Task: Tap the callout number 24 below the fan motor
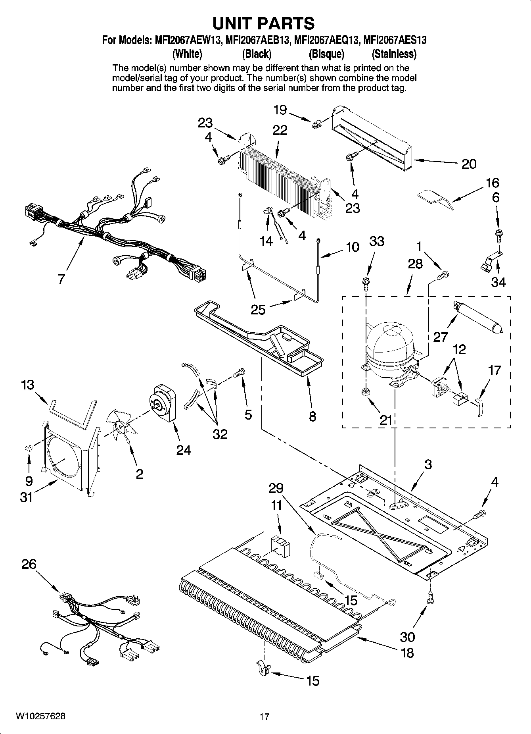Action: pyautogui.click(x=183, y=450)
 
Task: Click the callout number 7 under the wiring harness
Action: pyautogui.click(x=61, y=279)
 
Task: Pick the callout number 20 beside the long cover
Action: pyautogui.click(x=469, y=164)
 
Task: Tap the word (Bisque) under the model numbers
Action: pyautogui.click(x=326, y=54)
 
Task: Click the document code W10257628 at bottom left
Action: pyautogui.click(x=40, y=716)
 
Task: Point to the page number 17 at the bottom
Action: pyautogui.click(x=265, y=717)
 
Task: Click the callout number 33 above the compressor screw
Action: pyautogui.click(x=377, y=241)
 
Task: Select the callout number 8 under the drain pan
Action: pyautogui.click(x=312, y=416)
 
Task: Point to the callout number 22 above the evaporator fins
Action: pyautogui.click(x=280, y=130)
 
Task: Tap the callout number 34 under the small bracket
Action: pyautogui.click(x=498, y=282)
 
